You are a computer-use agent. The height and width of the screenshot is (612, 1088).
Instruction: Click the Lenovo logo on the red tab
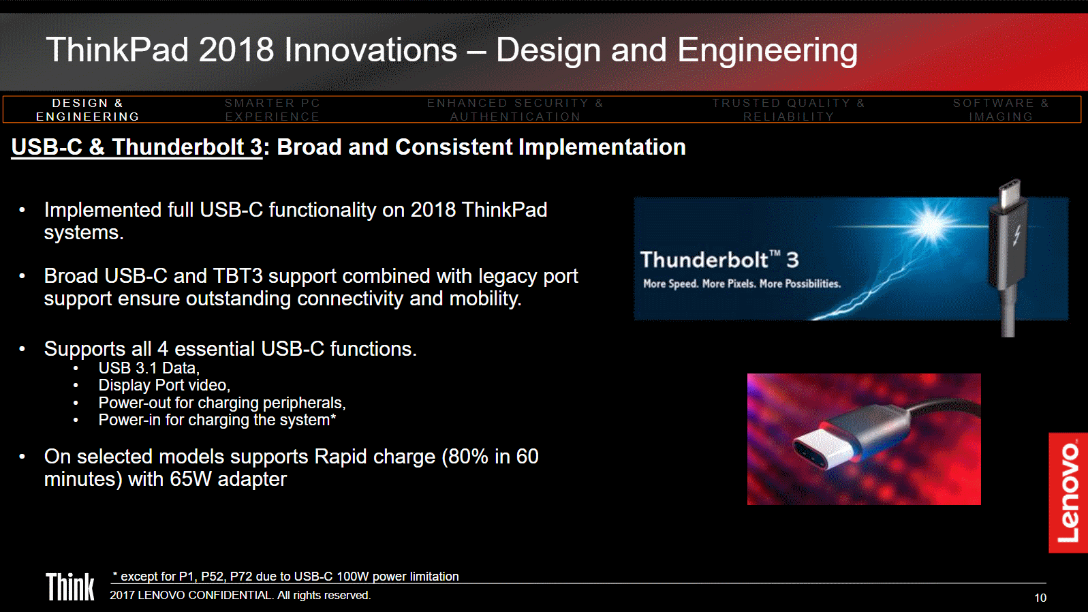tap(1068, 492)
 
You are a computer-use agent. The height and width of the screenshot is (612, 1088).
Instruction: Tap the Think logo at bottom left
tap(70, 587)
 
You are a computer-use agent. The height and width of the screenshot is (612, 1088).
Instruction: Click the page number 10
tap(1040, 598)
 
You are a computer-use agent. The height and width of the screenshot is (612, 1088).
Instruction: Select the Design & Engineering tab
tap(88, 110)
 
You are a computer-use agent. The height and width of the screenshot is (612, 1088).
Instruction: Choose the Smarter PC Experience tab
tap(273, 110)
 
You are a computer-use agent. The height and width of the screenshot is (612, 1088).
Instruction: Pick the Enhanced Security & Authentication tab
tap(515, 110)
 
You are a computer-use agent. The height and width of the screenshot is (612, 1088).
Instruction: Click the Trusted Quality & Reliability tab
tap(788, 110)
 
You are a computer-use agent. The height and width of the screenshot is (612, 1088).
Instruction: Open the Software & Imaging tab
tap(1001, 110)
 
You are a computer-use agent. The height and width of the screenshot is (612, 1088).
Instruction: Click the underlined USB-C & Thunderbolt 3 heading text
tap(137, 147)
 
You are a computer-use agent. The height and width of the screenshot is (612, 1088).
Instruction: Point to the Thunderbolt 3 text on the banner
tap(719, 260)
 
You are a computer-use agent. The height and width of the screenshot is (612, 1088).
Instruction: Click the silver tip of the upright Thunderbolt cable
tap(1010, 194)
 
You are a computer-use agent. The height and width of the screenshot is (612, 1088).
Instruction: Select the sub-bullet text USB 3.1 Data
tap(149, 368)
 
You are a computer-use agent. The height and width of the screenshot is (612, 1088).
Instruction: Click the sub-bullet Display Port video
tap(164, 385)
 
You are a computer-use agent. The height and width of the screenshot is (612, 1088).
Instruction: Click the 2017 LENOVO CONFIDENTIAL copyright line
tap(240, 595)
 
